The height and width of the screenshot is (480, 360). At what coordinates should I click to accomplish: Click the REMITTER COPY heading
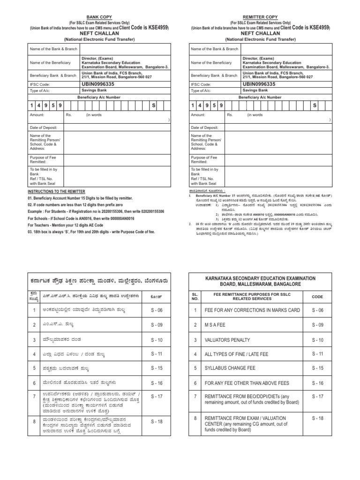260,15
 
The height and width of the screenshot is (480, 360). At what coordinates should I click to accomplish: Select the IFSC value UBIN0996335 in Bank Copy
98,84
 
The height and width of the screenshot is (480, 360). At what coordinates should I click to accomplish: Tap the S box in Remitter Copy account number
315,106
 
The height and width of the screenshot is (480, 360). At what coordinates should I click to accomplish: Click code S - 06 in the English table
317,311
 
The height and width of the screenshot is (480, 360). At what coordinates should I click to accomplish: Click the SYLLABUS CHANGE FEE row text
233,368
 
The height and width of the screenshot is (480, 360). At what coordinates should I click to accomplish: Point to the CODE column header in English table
317,296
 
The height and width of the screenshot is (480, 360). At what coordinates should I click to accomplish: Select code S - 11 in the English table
317,353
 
